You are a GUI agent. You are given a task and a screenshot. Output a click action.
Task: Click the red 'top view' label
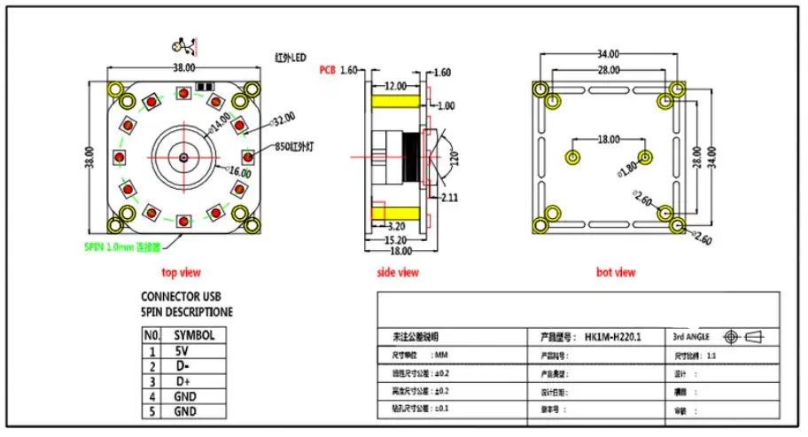[x=182, y=272]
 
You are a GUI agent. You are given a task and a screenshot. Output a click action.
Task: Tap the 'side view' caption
[x=398, y=272]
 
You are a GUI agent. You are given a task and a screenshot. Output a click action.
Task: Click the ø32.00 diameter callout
[x=258, y=118]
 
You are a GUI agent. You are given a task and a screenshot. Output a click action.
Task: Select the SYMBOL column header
[x=193, y=335]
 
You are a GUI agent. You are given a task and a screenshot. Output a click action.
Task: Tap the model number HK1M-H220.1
[x=612, y=338]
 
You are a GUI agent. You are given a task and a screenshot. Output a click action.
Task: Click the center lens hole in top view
[x=183, y=158]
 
